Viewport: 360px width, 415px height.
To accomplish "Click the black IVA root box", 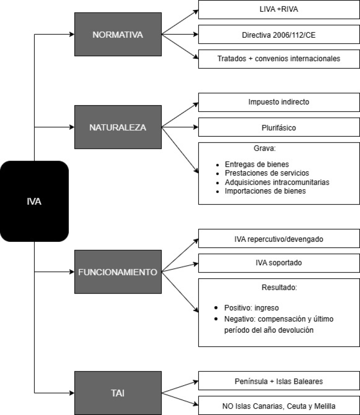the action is pyautogui.click(x=34, y=201).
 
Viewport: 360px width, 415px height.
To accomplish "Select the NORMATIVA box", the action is pyautogui.click(x=118, y=34).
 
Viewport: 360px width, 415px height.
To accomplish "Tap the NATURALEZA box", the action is pyautogui.click(x=118, y=127).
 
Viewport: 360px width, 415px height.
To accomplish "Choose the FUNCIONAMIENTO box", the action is pyautogui.click(x=118, y=272).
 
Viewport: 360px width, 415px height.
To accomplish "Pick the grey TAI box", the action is pyautogui.click(x=118, y=393).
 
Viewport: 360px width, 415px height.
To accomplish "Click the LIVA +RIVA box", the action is pyautogui.click(x=279, y=9).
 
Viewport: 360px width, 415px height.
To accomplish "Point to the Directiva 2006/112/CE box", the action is pyautogui.click(x=279, y=35).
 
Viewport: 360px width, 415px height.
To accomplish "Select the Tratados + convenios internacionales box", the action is pyautogui.click(x=279, y=59).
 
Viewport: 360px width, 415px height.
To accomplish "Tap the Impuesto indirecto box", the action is pyautogui.click(x=279, y=102).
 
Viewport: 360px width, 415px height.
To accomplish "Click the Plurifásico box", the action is pyautogui.click(x=279, y=127).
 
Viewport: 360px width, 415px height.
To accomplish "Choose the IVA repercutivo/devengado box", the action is pyautogui.click(x=279, y=238).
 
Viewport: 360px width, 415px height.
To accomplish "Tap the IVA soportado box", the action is pyautogui.click(x=279, y=263).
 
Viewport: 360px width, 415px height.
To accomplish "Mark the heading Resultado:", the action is pyautogui.click(x=279, y=287).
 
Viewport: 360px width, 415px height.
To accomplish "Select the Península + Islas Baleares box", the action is pyautogui.click(x=279, y=381).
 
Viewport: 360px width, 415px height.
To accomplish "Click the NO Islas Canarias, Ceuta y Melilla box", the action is pyautogui.click(x=279, y=406).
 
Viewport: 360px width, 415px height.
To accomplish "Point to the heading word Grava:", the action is pyautogui.click(x=265, y=148).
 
